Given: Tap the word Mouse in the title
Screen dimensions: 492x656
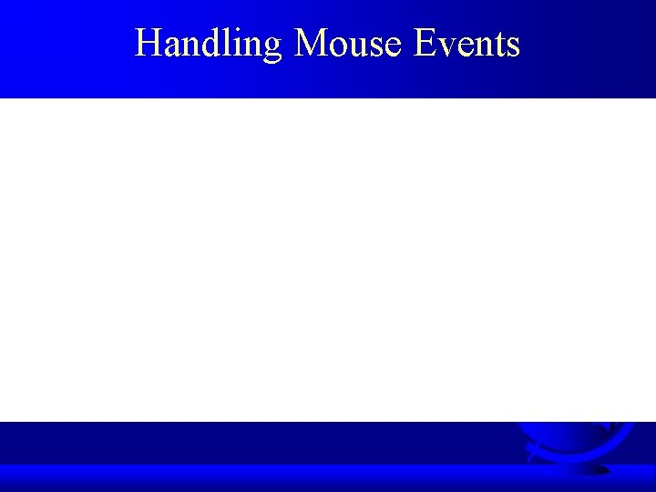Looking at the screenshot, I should (348, 44).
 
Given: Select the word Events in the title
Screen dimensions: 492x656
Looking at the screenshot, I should (466, 44).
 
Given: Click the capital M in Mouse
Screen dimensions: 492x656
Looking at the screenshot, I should (313, 44).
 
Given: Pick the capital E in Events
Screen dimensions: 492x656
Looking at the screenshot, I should (425, 44).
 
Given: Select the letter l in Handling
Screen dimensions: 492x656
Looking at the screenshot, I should (223, 43).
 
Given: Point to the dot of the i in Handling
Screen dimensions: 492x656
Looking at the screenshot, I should (232, 31).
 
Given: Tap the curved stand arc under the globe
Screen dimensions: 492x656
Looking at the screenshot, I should (538, 451).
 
